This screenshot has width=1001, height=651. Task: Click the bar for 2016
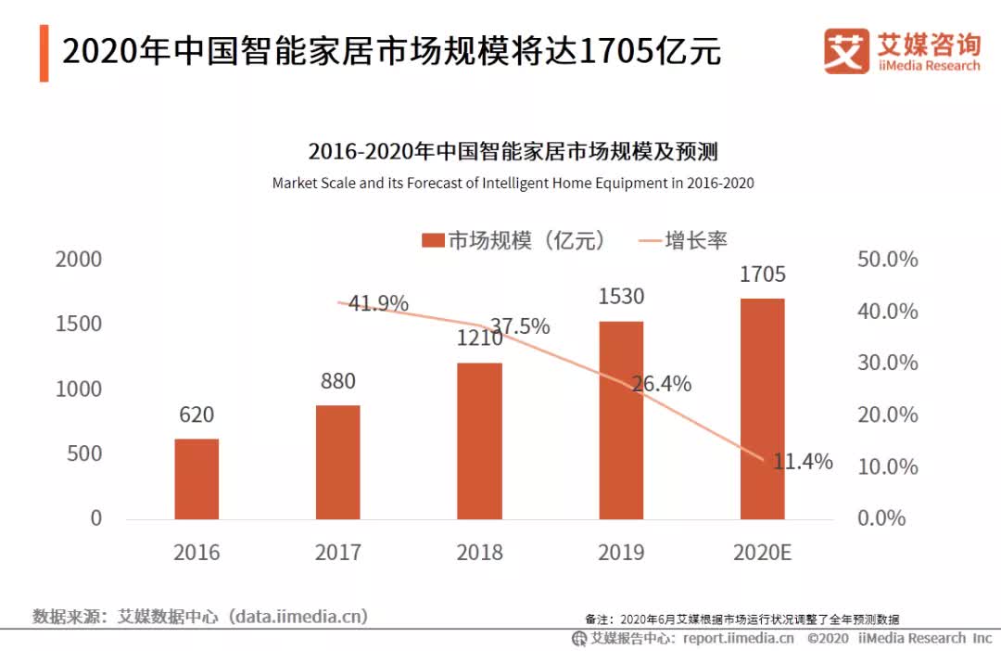coord(196,479)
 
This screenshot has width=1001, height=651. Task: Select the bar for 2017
coord(337,462)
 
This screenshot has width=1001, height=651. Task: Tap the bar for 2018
coord(479,440)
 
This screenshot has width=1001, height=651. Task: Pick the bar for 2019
coord(621,420)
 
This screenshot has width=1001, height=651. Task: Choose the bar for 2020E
coord(762,408)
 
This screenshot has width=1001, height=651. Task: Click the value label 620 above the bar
coord(196,415)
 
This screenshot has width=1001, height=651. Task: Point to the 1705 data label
coord(762,274)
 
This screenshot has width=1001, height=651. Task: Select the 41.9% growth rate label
coord(378,303)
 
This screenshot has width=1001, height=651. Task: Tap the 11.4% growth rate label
coord(803,461)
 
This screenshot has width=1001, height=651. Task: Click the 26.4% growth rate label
coord(661,383)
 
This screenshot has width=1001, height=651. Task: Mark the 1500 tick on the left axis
coord(79,325)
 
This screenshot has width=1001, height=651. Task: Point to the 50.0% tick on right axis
coord(887,260)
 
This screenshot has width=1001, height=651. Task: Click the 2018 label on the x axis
coord(479,553)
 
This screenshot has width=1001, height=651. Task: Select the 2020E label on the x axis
coord(762,553)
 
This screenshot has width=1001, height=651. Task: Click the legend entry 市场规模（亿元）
coord(514,240)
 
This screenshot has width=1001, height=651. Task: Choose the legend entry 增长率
coord(683,240)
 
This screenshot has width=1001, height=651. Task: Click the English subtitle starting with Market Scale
coord(513,184)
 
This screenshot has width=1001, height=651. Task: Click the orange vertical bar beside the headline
coord(44,54)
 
